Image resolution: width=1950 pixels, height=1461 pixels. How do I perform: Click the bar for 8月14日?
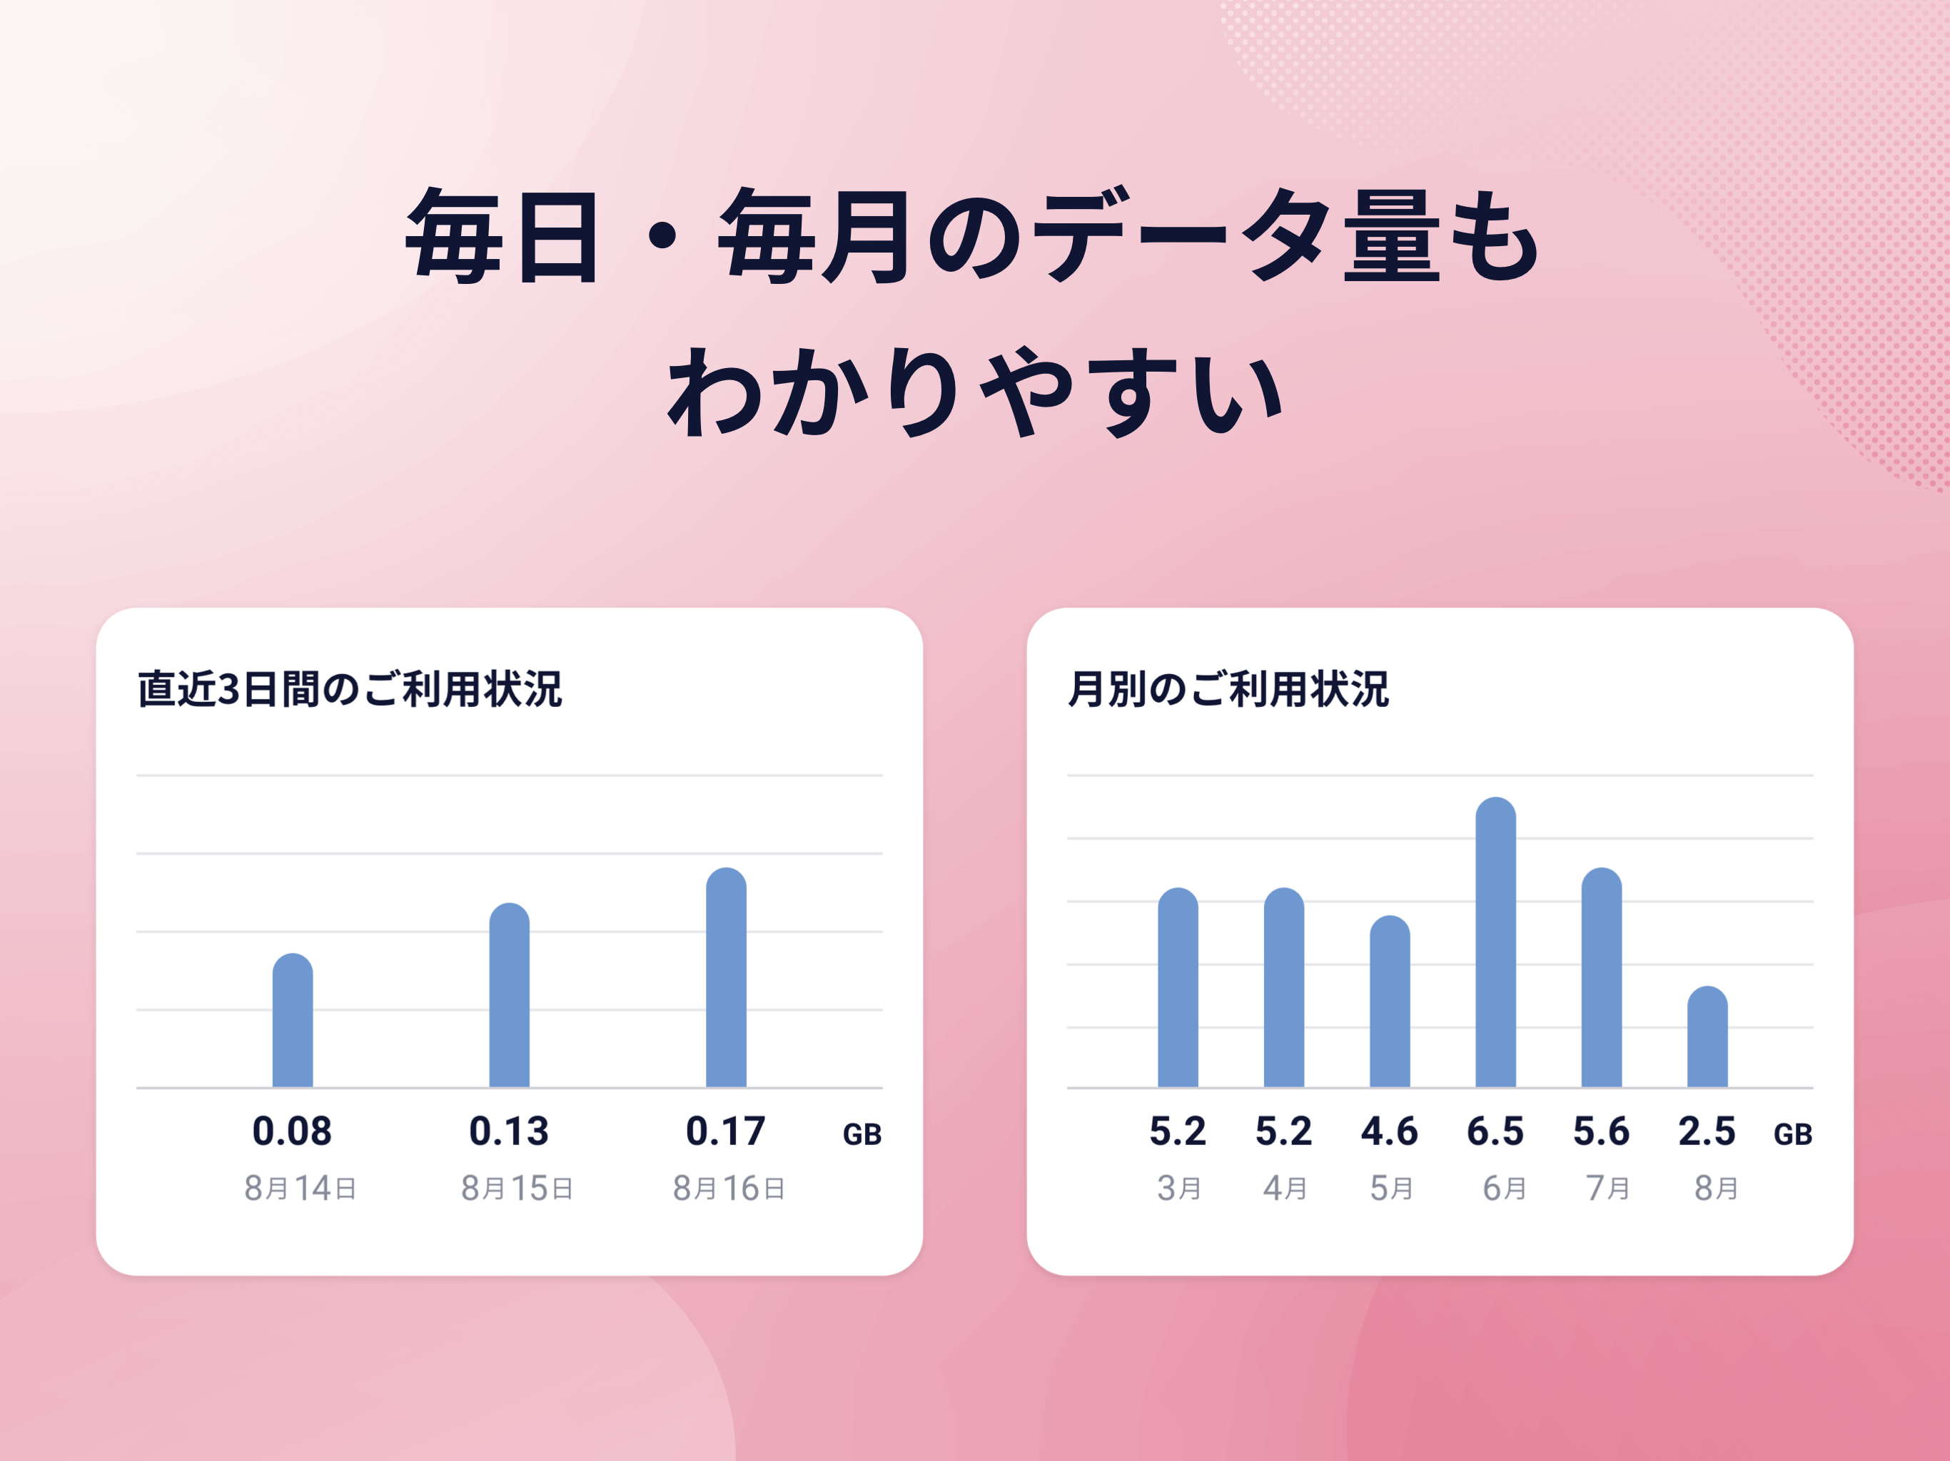293,1020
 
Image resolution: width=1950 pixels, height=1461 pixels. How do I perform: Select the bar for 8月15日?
510,995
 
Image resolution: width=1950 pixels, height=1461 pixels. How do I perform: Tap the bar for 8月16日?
727,977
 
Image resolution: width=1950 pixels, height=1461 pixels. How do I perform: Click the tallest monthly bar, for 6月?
1496,942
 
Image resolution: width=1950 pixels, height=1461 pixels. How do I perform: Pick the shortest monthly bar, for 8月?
1707,1037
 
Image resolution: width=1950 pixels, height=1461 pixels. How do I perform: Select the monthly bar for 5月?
1390,1001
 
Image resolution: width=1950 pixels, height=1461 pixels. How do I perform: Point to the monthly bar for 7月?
1602,977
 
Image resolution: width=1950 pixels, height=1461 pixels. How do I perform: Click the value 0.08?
292,1131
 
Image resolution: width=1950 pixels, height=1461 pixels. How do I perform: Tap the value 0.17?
725,1131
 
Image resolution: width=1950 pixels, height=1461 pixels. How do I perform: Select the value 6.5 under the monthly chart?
1495,1131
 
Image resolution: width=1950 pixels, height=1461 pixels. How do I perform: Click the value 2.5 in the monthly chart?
1707,1131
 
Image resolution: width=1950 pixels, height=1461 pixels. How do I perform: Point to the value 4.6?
1389,1131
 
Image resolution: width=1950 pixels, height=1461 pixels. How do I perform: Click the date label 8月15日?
517,1188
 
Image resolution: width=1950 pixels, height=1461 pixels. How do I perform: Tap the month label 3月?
1178,1188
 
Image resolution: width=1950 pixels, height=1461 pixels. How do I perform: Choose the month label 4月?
1285,1188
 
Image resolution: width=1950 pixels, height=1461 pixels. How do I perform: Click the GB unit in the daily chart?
862,1135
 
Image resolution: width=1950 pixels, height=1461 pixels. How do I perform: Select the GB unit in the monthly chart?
1793,1135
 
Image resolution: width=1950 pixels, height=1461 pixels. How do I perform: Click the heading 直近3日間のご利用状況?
350,689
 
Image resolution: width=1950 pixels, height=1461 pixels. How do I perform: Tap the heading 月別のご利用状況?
1228,689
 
